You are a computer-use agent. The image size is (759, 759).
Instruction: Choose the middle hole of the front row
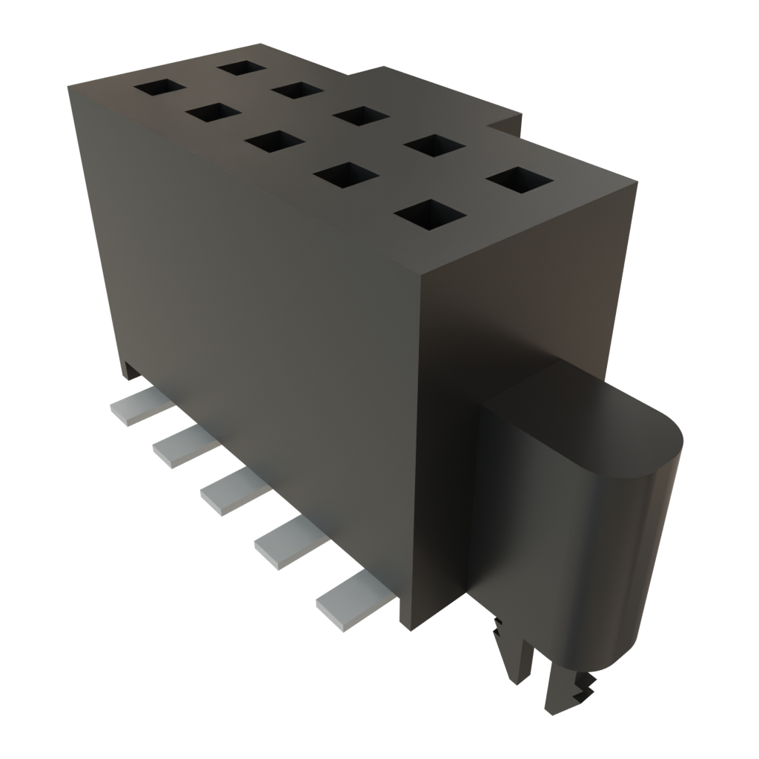(x=274, y=142)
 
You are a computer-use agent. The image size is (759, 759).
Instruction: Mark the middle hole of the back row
(x=362, y=116)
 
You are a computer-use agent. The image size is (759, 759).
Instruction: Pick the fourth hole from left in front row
(x=346, y=175)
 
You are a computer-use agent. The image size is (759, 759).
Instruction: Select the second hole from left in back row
(x=297, y=90)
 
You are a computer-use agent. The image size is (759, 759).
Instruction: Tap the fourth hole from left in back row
(x=434, y=145)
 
